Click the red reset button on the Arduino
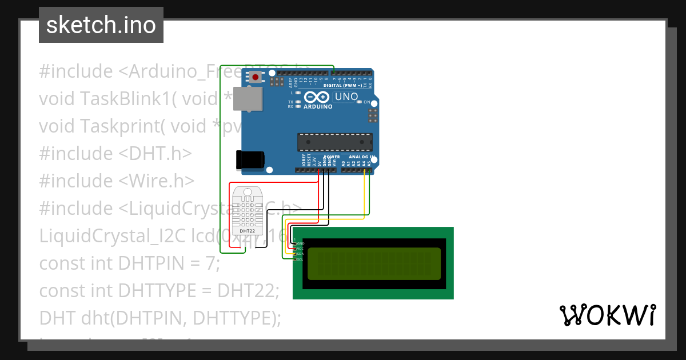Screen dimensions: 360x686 tap(254, 76)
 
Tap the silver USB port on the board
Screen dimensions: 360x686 tap(248, 98)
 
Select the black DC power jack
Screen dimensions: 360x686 tap(250, 159)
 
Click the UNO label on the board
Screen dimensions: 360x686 tap(346, 97)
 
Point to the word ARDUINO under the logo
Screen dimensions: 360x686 tap(318, 106)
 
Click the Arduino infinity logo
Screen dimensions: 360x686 tap(317, 97)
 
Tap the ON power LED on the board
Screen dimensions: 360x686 tap(360, 102)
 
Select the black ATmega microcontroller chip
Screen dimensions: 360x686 tap(334, 142)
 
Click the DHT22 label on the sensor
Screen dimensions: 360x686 tap(247, 231)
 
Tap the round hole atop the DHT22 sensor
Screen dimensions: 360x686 tap(247, 192)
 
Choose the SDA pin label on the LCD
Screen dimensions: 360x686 tap(300, 254)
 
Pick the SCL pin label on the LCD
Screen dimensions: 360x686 tap(300, 259)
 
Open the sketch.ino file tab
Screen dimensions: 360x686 tap(101, 25)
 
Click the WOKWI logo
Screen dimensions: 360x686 tap(608, 315)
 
